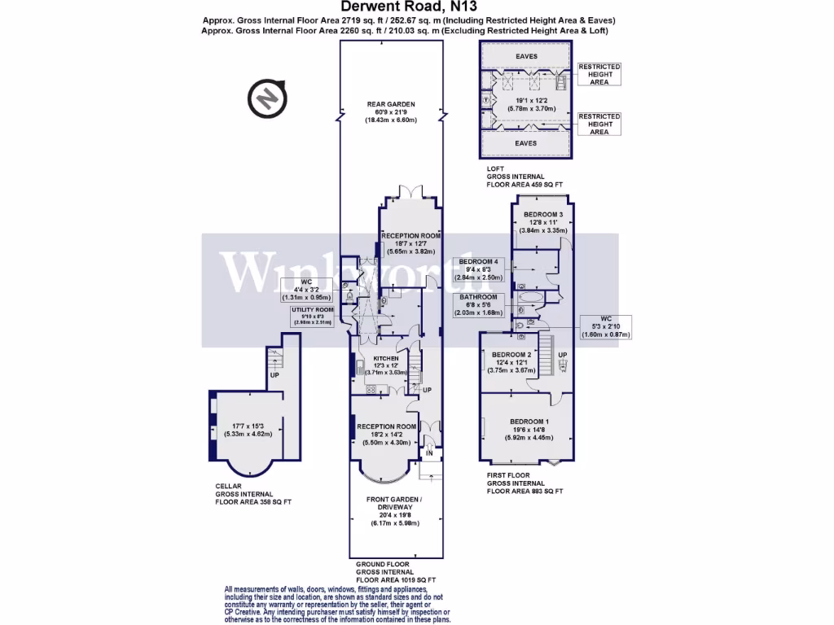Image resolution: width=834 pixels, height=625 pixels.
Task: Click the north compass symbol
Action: click(x=267, y=98)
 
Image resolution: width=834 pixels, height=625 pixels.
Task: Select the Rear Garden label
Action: click(x=390, y=104)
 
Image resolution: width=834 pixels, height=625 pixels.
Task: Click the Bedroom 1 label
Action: click(x=529, y=421)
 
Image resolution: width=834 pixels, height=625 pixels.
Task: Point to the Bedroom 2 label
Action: click(x=511, y=355)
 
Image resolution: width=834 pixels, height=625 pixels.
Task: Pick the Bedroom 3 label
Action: click(x=543, y=214)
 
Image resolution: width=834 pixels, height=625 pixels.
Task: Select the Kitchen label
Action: click(x=385, y=358)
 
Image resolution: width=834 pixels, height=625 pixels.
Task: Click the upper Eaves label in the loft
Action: click(x=526, y=56)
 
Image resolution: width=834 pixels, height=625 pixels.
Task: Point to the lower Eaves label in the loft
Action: click(x=526, y=143)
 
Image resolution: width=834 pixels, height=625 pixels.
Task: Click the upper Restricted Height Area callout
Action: click(x=599, y=74)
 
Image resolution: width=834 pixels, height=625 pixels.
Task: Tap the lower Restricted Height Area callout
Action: click(x=599, y=124)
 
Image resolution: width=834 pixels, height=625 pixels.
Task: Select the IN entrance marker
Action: click(x=429, y=452)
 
